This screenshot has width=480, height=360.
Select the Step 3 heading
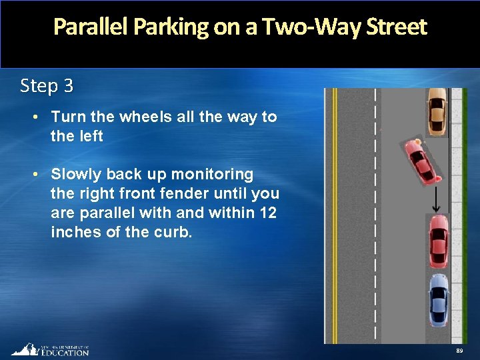pos(47,86)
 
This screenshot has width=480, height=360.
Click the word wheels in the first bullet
pos(144,117)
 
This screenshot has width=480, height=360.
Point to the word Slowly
pos(77,174)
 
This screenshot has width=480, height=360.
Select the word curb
pos(174,232)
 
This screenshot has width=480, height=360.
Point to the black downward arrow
pos(435,199)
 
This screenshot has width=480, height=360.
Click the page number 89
pos(459,351)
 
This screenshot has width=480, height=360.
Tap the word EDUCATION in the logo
pos(65,353)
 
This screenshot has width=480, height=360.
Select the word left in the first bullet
pos(89,136)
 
